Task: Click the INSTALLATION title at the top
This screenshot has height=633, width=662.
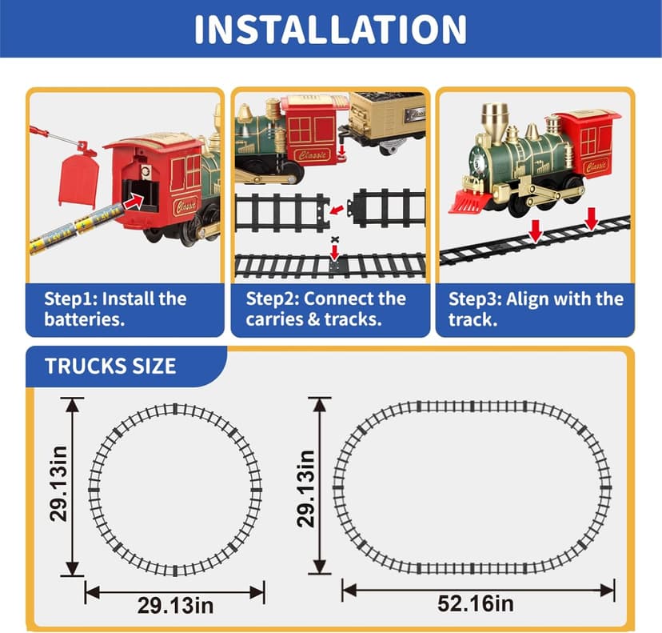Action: pyautogui.click(x=330, y=29)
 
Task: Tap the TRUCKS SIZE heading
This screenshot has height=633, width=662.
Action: pyautogui.click(x=110, y=367)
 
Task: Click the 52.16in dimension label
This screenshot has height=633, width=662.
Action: pyautogui.click(x=478, y=602)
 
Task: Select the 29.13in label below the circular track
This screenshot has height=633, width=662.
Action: pyautogui.click(x=175, y=604)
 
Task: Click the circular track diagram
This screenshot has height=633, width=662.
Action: pyautogui.click(x=175, y=490)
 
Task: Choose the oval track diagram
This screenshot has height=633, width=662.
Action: pyautogui.click(x=473, y=487)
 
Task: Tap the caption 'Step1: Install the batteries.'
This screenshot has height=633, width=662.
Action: pyautogui.click(x=116, y=310)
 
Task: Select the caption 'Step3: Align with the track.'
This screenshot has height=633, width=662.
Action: pyautogui.click(x=535, y=310)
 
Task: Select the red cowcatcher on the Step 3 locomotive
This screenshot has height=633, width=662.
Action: pyautogui.click(x=467, y=200)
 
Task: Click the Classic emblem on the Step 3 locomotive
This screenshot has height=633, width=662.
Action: pyautogui.click(x=596, y=166)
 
